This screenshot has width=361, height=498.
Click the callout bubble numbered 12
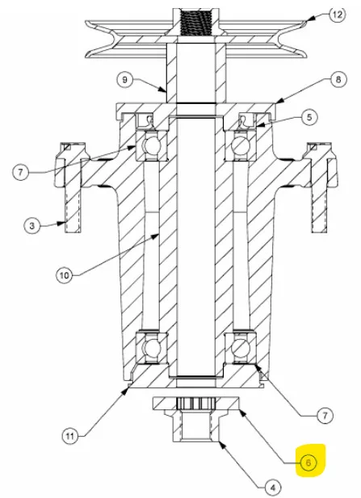tap(337, 15)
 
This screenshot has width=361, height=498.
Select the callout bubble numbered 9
tap(124, 79)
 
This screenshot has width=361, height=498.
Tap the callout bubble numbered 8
tap(338, 79)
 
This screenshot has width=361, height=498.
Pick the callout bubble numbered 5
tap(309, 117)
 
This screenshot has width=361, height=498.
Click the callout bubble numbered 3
tap(31, 226)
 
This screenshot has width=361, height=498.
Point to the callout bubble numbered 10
tap(65, 275)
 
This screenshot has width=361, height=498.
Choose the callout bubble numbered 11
tap(70, 436)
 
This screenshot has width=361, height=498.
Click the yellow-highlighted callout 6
tap(309, 462)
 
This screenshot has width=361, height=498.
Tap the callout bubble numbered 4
tap(273, 488)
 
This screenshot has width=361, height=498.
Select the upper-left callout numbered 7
tap(21, 173)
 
